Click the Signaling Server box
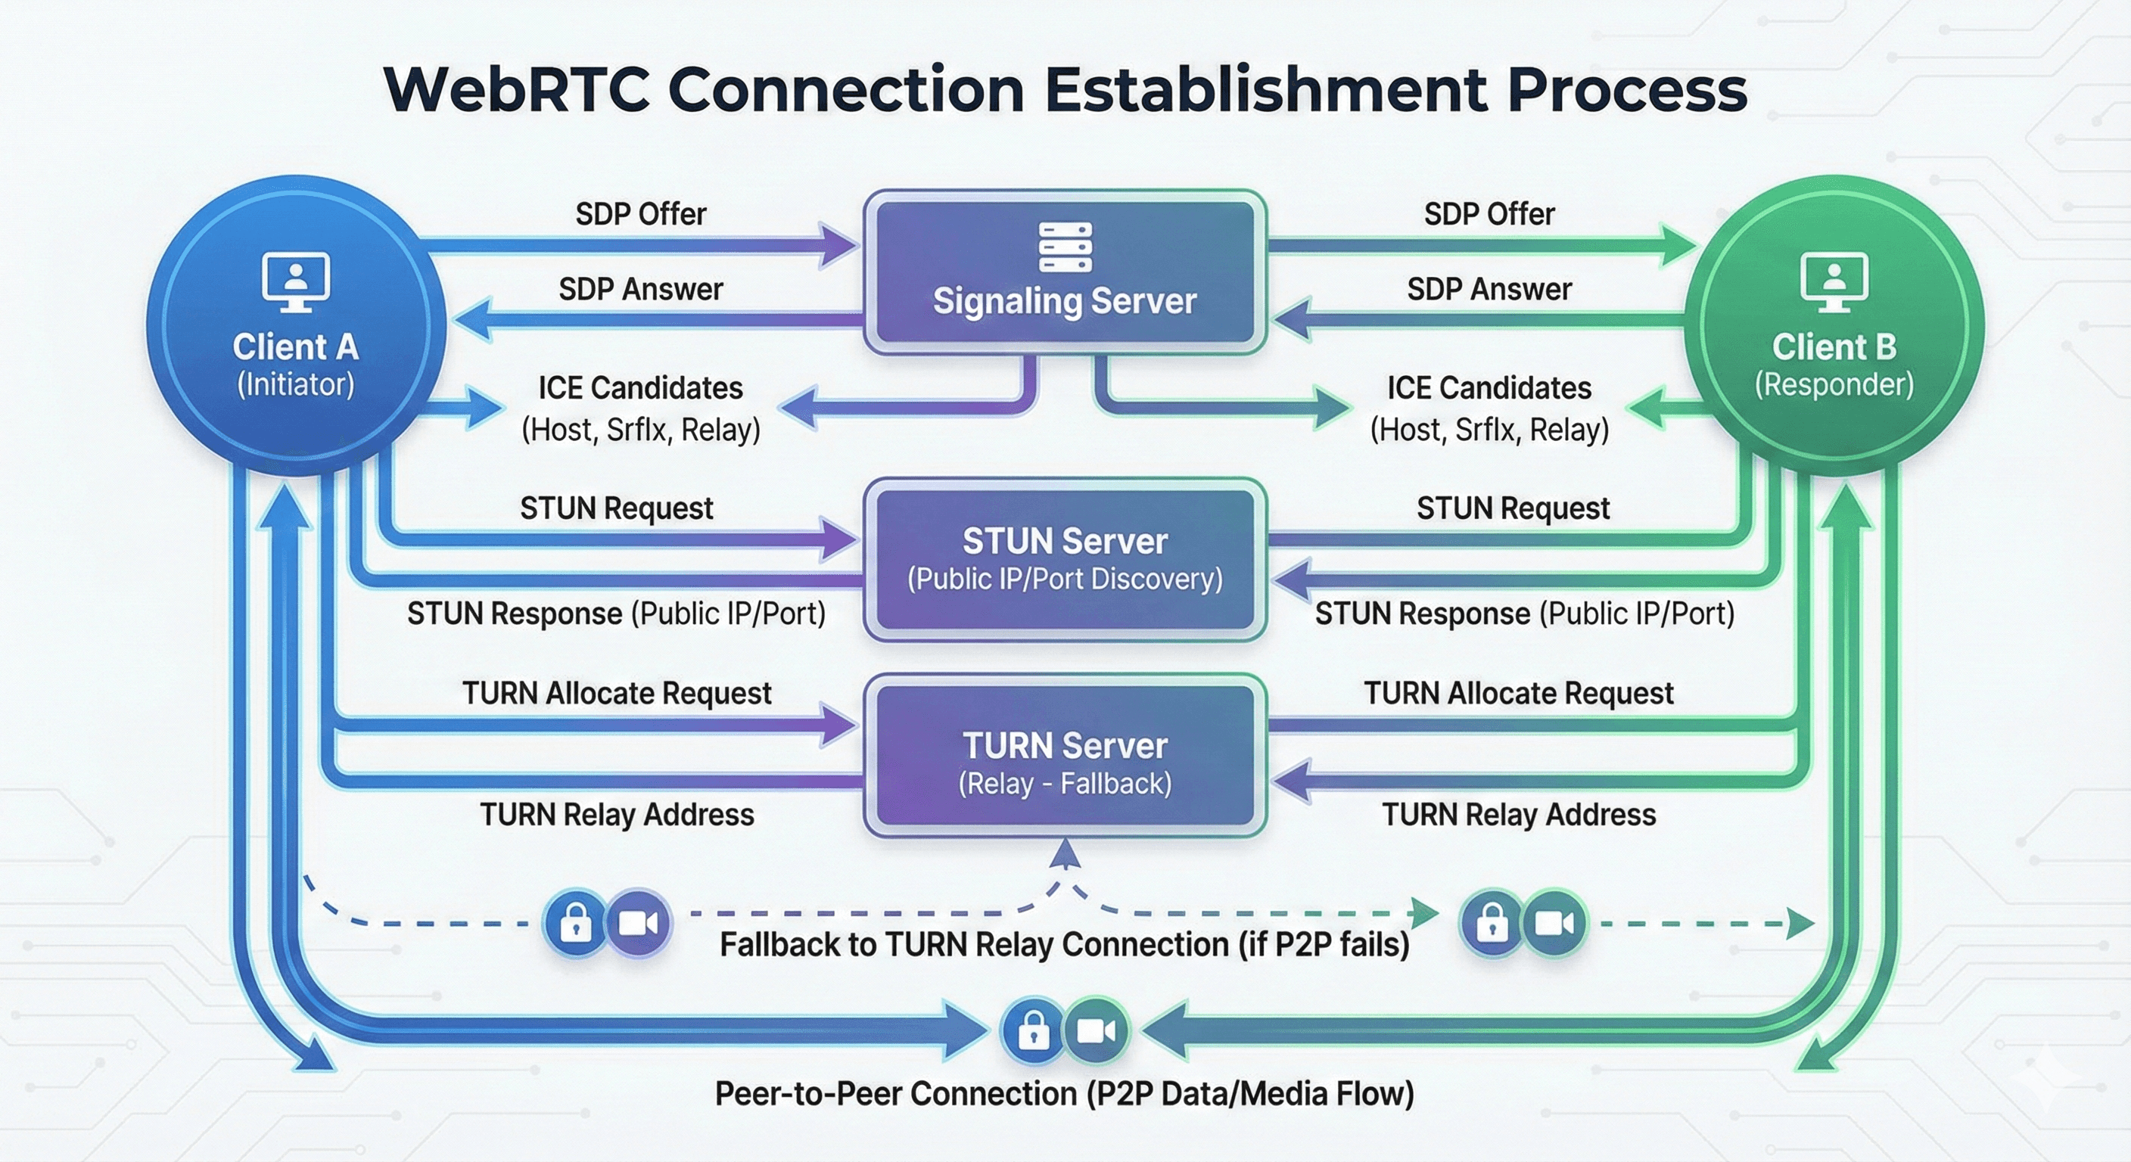click(1065, 273)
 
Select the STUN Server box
click(1065, 560)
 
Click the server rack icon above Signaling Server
click(1065, 247)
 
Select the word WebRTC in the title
click(517, 89)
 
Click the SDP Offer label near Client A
click(641, 214)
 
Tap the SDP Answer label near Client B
click(1489, 290)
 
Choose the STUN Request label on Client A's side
click(616, 508)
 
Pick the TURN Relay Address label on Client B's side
click(1519, 815)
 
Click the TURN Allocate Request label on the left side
click(616, 693)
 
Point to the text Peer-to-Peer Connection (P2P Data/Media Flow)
click(1064, 1093)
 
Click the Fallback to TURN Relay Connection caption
click(1064, 944)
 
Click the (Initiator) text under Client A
click(295, 384)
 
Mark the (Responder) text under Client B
click(1834, 384)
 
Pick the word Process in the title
click(1626, 89)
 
